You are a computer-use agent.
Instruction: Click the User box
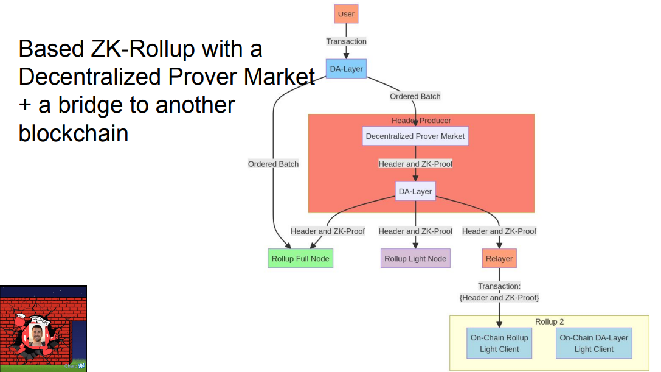coord(346,14)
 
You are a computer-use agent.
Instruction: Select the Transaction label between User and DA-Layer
coord(346,41)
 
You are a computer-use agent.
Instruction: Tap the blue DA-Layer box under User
coord(346,69)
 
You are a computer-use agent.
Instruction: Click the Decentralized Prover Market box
coord(415,136)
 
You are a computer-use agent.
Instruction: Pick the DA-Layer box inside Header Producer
coord(415,191)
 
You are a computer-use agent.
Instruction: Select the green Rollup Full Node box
coord(300,258)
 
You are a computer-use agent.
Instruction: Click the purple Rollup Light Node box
coord(415,258)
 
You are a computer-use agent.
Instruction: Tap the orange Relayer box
coord(499,258)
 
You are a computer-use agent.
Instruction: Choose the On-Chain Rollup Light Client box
coord(499,343)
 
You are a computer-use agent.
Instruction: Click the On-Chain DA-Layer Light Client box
coord(594,343)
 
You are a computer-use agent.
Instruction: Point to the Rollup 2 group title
coord(553,321)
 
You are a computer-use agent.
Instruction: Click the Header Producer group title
coord(421,121)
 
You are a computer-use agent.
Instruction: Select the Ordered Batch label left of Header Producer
coord(273,164)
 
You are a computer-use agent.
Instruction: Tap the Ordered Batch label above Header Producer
coord(415,96)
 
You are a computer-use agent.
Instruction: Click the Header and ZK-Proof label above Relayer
coord(499,231)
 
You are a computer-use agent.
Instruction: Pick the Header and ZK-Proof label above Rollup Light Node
coord(415,231)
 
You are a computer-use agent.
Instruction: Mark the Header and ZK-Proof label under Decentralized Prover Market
coord(415,164)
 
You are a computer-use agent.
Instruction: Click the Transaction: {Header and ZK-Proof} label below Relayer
coord(499,292)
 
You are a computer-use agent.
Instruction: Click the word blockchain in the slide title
coord(74,133)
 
